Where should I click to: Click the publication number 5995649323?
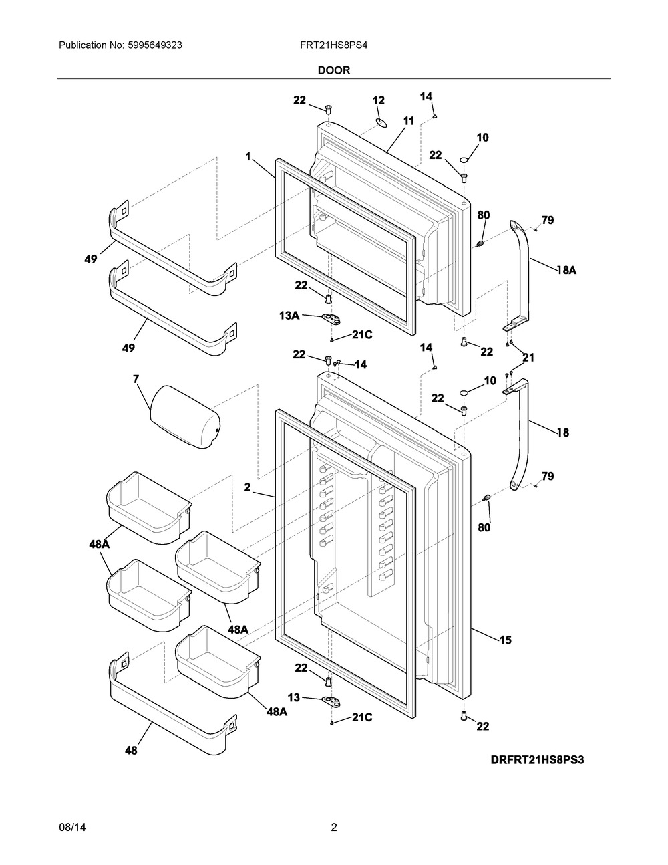point(155,45)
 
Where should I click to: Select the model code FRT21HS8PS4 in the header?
point(334,45)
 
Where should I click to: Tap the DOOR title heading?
point(334,70)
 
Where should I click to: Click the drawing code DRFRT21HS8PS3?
point(538,760)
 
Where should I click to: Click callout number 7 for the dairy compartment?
point(136,379)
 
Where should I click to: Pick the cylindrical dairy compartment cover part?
point(185,416)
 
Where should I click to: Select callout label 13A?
point(289,316)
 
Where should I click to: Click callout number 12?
point(379,100)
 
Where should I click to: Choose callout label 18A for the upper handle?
point(566,270)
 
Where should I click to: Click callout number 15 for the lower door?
point(505,651)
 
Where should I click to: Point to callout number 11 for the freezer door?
point(409,120)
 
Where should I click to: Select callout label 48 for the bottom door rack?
point(131,751)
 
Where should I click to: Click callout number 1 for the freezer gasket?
point(248,157)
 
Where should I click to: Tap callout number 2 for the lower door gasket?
point(247,487)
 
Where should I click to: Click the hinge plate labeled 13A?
point(331,318)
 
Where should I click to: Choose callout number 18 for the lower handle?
point(563,432)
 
